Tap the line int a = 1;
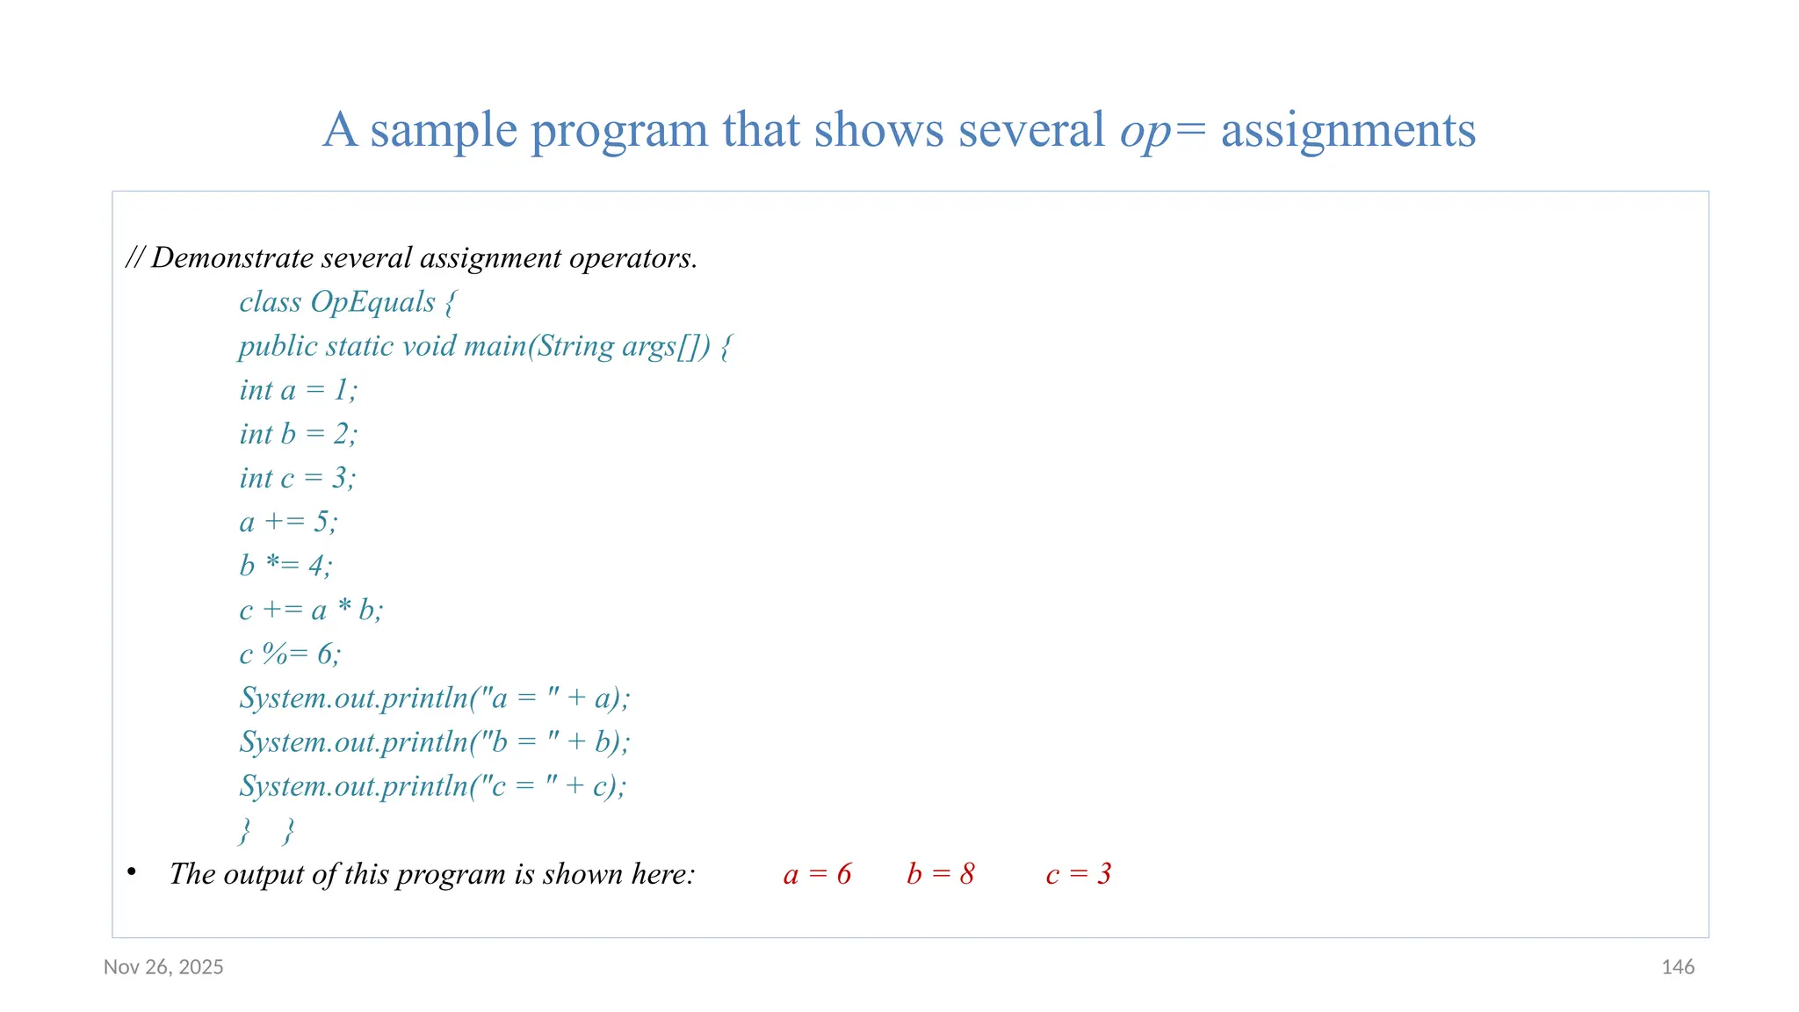(298, 390)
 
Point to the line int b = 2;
(298, 434)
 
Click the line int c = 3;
(297, 478)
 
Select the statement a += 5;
(288, 522)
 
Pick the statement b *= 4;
(285, 566)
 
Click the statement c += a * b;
(311, 610)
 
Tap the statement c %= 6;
(290, 654)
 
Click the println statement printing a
(435, 698)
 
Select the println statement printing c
(432, 786)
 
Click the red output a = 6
(817, 874)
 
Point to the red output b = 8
(940, 874)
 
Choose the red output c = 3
(1078, 874)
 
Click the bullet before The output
(132, 871)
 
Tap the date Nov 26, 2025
(163, 967)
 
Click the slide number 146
(1677, 967)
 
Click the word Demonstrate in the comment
(232, 258)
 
